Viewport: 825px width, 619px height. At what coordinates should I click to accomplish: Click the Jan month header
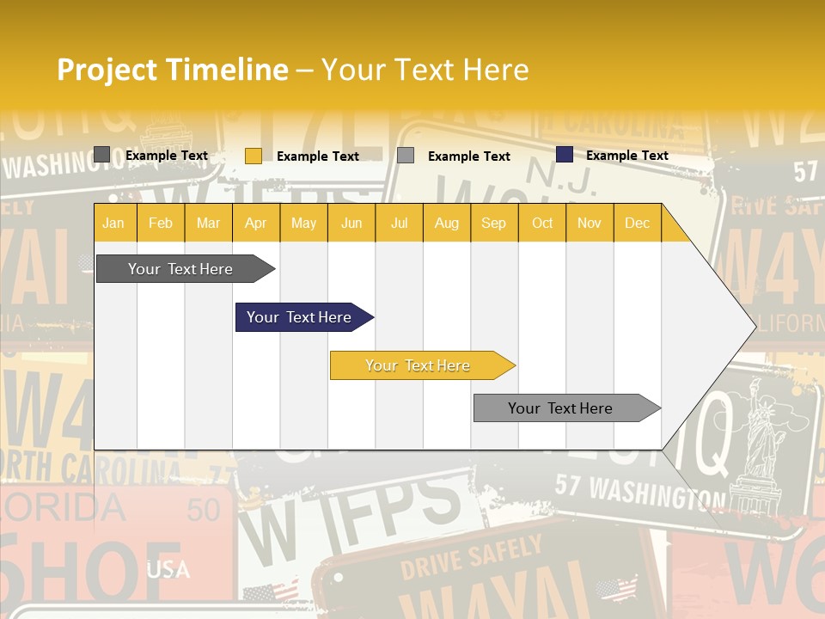113,223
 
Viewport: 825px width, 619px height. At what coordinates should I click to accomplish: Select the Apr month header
255,223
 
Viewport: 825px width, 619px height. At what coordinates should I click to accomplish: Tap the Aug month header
446,223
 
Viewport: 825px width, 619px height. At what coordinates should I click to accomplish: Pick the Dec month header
637,223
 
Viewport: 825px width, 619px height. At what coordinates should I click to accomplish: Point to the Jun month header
351,223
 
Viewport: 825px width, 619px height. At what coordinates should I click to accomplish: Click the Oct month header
541,223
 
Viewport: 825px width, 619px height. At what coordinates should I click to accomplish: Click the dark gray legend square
101,155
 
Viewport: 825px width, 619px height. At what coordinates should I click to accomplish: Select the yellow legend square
253,156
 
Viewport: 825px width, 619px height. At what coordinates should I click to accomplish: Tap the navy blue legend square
564,155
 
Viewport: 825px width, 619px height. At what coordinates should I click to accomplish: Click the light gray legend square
406,156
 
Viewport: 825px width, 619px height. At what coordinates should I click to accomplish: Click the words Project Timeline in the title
172,70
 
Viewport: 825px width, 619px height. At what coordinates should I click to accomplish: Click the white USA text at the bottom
168,569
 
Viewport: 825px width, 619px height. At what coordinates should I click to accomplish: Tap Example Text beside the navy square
626,156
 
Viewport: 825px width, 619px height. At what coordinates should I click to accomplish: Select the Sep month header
493,223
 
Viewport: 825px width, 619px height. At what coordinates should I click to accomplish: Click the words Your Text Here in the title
425,70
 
